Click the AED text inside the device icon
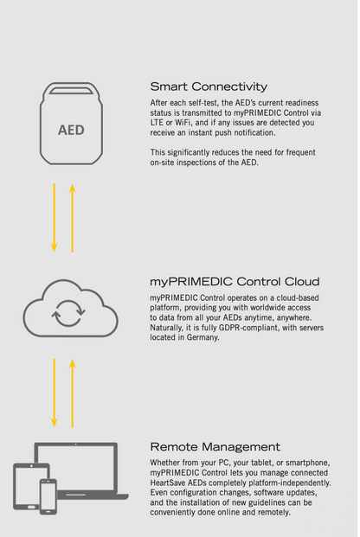(x=71, y=130)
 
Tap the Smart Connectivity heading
(x=209, y=86)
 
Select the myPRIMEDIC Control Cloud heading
(x=235, y=282)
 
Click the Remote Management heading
(x=215, y=446)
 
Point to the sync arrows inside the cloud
(x=68, y=313)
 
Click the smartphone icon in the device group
(x=48, y=496)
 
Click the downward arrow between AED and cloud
(x=55, y=217)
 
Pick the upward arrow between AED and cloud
(x=73, y=218)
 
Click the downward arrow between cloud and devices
(x=55, y=393)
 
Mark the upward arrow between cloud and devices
(x=73, y=393)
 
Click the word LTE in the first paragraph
(x=157, y=123)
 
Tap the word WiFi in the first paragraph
(x=183, y=123)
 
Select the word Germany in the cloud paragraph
(x=202, y=338)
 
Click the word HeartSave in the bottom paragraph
(x=168, y=483)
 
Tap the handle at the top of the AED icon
(x=71, y=91)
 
